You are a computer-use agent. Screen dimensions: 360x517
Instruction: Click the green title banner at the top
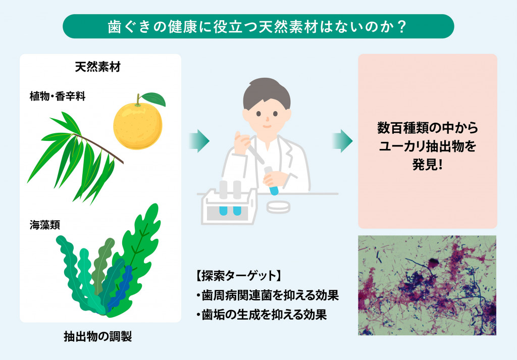pyautogui.click(x=258, y=26)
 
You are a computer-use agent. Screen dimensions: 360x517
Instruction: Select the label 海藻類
pyautogui.click(x=45, y=225)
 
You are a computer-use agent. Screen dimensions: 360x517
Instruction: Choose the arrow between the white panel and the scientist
pyautogui.click(x=199, y=140)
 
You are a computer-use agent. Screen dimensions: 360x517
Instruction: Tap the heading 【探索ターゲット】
pyautogui.click(x=237, y=276)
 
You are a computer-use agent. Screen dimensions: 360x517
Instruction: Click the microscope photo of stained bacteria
pyautogui.click(x=427, y=285)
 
